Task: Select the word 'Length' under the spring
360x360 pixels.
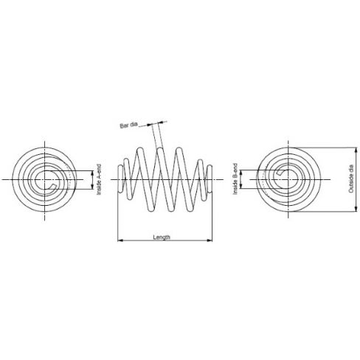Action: click(x=162, y=237)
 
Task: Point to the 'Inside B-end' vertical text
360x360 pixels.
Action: click(x=235, y=179)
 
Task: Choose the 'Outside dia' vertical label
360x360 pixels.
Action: click(x=350, y=179)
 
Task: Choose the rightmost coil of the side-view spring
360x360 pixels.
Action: click(x=213, y=180)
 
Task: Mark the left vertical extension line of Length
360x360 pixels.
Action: click(x=118, y=221)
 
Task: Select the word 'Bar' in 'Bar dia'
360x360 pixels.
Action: click(x=124, y=126)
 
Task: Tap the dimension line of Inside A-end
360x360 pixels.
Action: click(x=93, y=179)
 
